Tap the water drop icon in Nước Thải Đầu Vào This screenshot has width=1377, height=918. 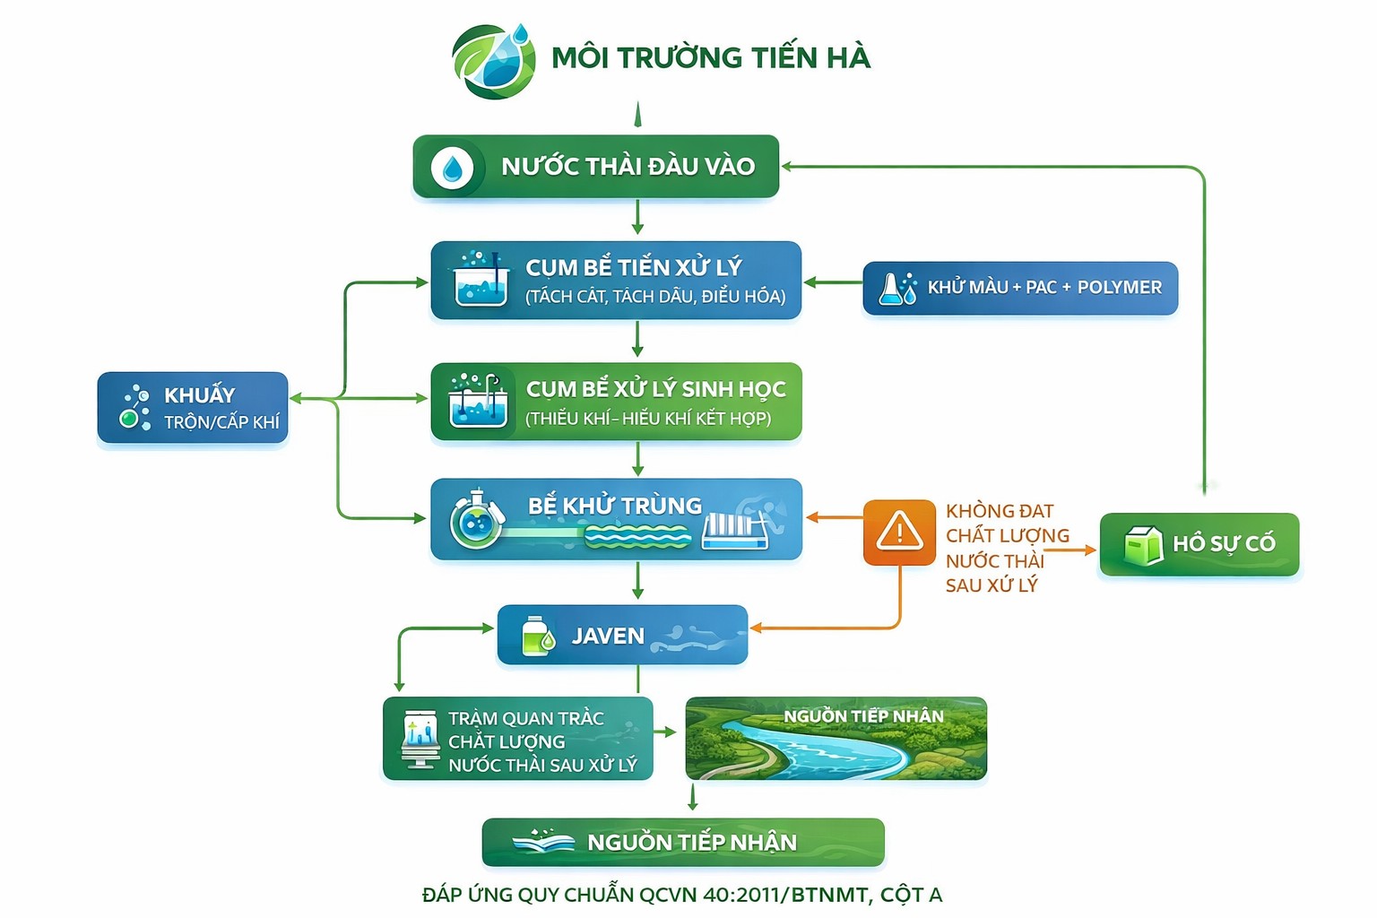(452, 167)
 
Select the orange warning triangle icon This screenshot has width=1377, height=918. (899, 533)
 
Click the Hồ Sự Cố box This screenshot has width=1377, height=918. (1199, 544)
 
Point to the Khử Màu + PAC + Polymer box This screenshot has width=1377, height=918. (1020, 288)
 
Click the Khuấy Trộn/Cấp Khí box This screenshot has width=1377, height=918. (193, 408)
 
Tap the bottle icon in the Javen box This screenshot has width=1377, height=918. (537, 636)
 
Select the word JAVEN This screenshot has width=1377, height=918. (608, 636)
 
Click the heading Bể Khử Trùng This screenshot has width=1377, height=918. (615, 506)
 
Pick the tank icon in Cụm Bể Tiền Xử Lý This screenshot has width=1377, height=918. (480, 280)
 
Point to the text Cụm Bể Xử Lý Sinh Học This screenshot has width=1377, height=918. (655, 389)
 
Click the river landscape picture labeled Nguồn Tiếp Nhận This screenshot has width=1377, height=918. (836, 739)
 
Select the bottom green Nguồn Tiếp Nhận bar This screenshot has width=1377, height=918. (683, 842)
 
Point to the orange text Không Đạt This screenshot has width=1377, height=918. (1000, 511)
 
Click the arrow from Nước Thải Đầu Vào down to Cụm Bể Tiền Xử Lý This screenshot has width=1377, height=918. (637, 218)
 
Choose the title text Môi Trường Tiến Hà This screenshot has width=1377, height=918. (710, 57)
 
